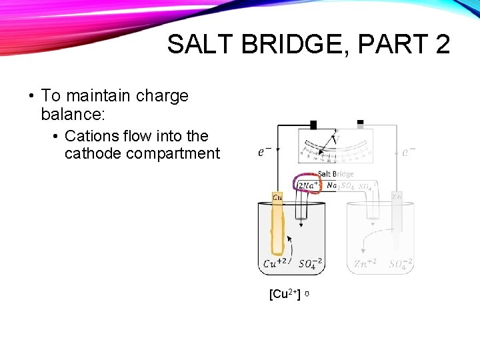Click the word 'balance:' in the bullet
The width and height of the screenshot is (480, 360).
coord(71,114)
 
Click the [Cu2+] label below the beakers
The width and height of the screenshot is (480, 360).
coord(285,294)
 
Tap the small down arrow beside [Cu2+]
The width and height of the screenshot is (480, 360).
coord(307,294)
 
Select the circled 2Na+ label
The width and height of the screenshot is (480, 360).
coord(308,185)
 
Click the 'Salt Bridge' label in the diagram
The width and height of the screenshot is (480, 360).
coord(335,174)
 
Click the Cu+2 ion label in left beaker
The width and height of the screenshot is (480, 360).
coord(276,263)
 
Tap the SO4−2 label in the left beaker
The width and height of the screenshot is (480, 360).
coord(311,263)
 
